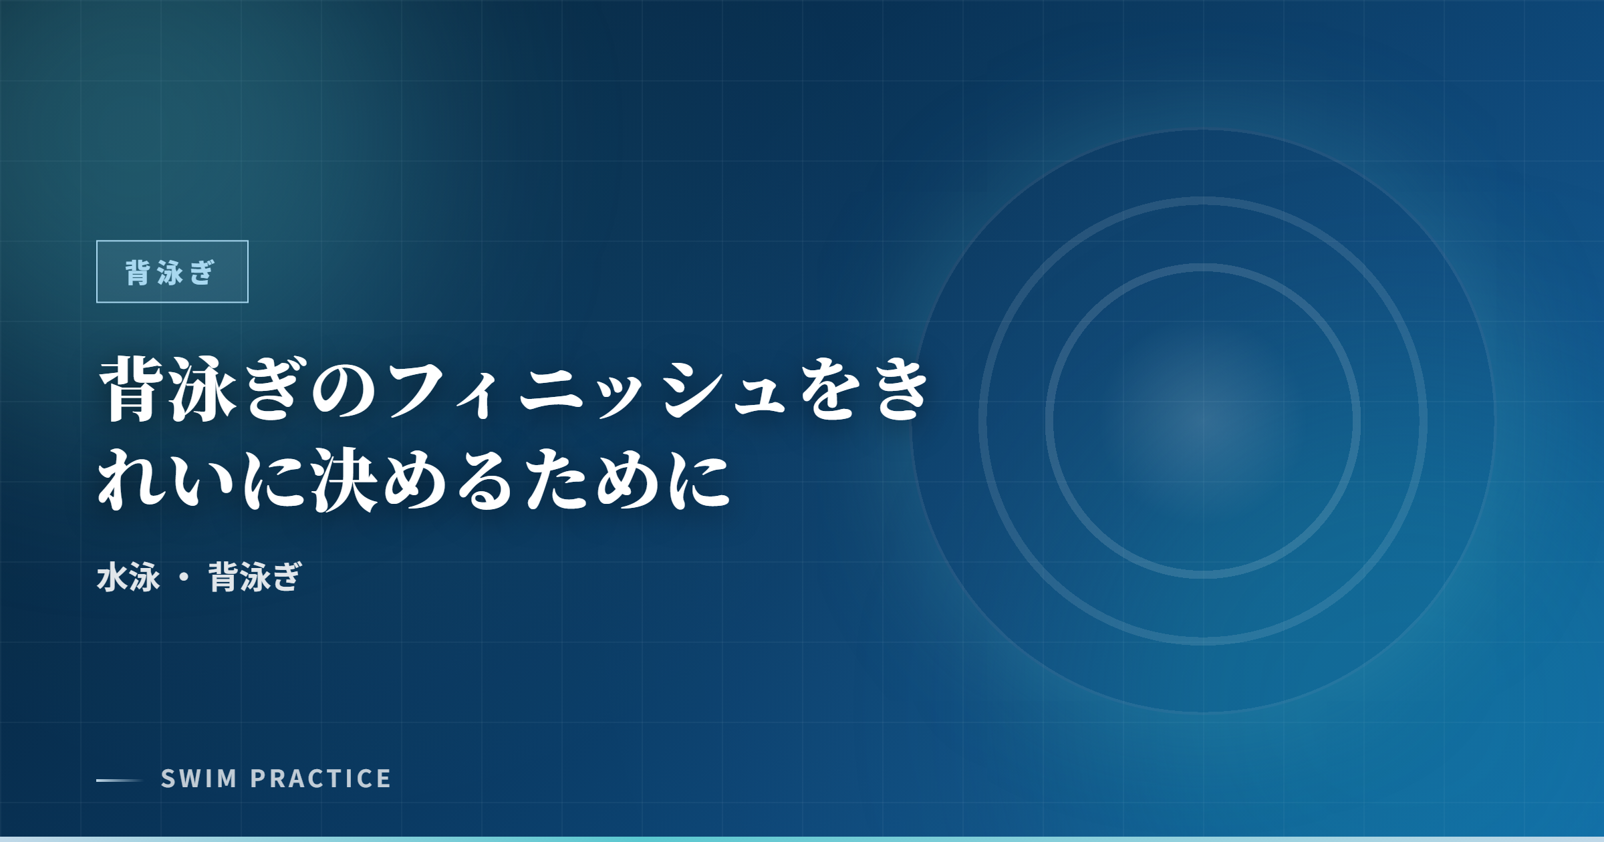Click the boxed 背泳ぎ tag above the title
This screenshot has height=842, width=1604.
tap(172, 272)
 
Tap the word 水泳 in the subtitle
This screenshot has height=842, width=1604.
tap(128, 577)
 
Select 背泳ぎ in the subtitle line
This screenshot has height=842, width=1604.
tap(255, 577)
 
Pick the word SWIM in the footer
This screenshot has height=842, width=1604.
tap(198, 779)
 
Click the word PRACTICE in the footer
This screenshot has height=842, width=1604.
tap(321, 779)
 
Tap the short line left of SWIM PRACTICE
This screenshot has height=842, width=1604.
tap(119, 780)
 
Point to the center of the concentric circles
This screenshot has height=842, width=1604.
tap(1203, 421)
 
